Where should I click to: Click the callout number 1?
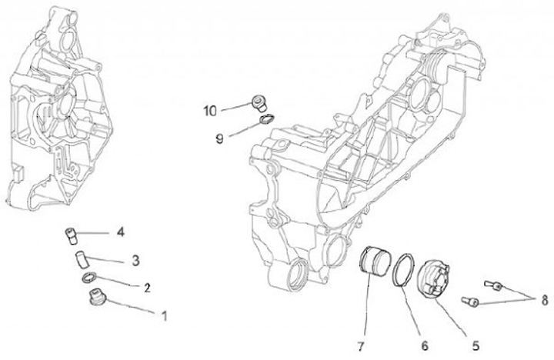coord(163,315)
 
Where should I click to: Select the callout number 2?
coord(145,288)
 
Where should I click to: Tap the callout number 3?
coord(135,260)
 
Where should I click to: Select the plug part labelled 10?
coord(260,102)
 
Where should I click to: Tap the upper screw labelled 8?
coord(493,286)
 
